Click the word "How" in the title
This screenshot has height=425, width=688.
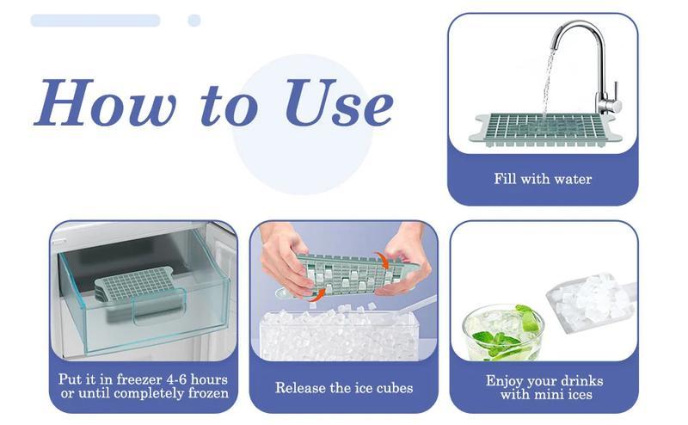click(104, 103)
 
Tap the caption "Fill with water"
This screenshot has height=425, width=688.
click(543, 179)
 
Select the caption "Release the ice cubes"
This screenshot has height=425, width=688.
click(344, 388)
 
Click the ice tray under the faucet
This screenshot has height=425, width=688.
click(542, 130)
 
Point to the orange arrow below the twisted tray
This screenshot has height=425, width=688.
click(318, 295)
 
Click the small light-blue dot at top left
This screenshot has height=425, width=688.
click(194, 20)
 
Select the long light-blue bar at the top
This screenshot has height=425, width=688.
click(95, 20)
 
